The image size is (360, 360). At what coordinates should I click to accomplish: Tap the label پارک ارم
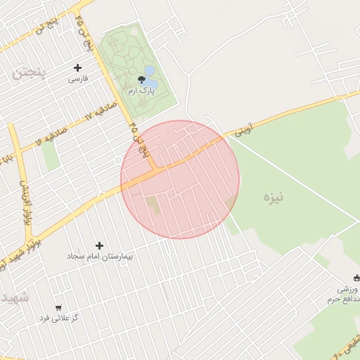(x=139, y=91)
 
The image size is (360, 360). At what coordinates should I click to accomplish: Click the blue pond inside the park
(x=150, y=72)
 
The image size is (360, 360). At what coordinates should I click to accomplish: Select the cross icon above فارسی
(x=78, y=68)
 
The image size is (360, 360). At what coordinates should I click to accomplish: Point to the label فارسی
(x=78, y=79)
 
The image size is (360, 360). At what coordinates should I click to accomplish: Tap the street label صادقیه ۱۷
(x=79, y=117)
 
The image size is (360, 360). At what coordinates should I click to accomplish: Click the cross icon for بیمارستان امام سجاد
(x=99, y=245)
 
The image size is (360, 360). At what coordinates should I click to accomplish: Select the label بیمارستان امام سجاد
(x=101, y=257)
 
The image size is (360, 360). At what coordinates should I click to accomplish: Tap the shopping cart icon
(x=58, y=307)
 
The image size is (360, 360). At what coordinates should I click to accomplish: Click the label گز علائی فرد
(x=58, y=319)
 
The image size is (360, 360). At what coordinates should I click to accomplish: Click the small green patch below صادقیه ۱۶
(x=50, y=156)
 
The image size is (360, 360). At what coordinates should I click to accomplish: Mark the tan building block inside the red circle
(x=153, y=205)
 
